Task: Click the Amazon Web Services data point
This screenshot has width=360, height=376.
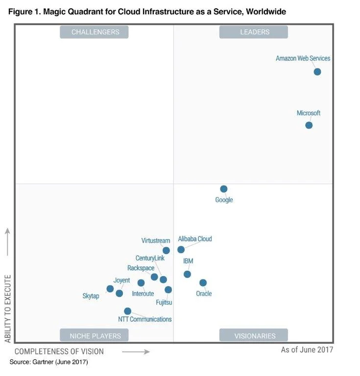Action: point(317,72)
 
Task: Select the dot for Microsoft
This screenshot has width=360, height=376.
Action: point(309,125)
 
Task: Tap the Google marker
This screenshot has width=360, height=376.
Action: point(224,189)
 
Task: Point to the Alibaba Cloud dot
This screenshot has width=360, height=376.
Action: point(181,250)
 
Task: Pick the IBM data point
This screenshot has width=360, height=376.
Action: point(187,274)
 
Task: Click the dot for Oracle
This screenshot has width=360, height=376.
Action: point(203,283)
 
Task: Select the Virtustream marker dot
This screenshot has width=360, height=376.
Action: point(166,251)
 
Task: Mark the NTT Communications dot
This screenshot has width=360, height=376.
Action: point(127,311)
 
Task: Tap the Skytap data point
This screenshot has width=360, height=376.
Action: point(110,289)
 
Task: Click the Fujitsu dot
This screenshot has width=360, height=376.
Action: point(168,290)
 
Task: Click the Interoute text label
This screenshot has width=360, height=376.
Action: point(143,294)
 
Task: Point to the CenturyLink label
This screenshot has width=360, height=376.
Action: point(150,258)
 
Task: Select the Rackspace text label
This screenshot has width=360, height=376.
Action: point(141,268)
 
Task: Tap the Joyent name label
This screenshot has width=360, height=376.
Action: point(121,281)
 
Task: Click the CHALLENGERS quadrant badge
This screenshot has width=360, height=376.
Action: point(94,32)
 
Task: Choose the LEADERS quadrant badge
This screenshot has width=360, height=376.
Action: point(254,32)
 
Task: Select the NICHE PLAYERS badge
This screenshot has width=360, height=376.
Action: point(94,335)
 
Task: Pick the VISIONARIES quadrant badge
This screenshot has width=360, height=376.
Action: point(254,335)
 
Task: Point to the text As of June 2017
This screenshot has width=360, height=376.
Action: point(307,350)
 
